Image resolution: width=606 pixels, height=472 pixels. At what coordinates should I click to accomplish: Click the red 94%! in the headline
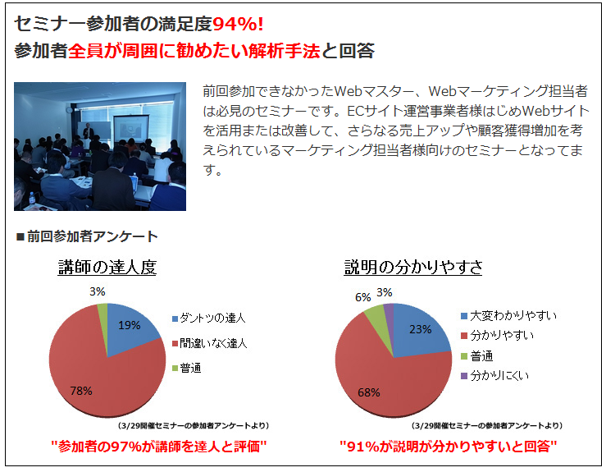coord(238,24)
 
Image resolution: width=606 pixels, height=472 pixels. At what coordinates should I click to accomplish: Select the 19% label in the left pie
coord(130,325)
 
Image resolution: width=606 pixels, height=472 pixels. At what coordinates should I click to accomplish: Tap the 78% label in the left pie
coord(81,391)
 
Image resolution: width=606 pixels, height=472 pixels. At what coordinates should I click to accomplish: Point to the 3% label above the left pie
coord(98,291)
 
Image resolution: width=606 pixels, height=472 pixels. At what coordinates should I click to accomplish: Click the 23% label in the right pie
coord(421,329)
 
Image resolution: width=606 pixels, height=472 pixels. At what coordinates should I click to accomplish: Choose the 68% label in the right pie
coord(369,392)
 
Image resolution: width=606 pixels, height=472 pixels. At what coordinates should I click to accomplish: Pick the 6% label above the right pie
coord(363,297)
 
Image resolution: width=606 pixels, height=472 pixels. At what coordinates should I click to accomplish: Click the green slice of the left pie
coord(103,311)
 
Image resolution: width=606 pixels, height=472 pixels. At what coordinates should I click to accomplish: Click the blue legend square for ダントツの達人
coord(175,318)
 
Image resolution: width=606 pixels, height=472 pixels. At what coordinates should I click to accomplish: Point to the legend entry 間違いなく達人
coord(213,344)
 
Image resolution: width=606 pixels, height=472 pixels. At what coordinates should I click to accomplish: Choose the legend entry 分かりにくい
coord(499,376)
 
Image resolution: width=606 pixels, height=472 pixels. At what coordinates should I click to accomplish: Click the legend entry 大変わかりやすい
coord(513,316)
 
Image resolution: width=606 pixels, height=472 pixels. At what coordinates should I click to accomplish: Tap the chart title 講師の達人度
coord(107,268)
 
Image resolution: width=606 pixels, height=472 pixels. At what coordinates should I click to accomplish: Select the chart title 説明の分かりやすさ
coord(413,268)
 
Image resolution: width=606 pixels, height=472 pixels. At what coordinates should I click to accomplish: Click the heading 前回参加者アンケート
coord(93,236)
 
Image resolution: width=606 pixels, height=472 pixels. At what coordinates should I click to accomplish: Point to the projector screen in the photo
coord(131,130)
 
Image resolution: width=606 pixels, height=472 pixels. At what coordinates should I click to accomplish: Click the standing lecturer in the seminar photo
coord(88,131)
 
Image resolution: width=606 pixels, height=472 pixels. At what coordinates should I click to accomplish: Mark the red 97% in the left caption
coord(126,447)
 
